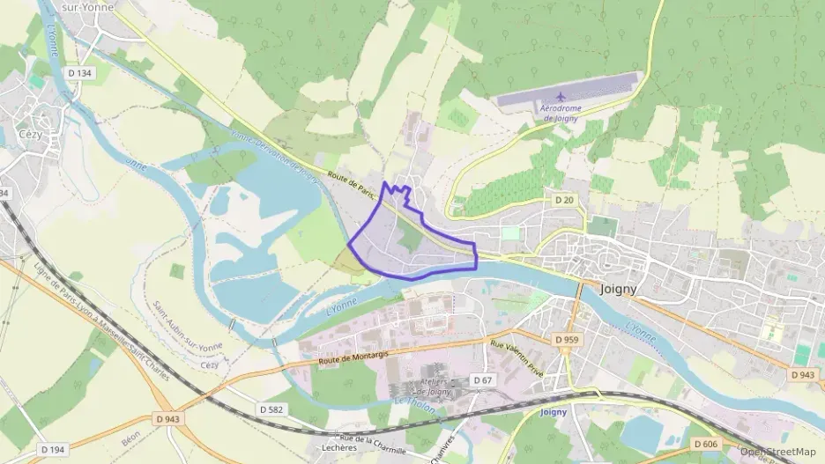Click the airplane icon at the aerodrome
(x=561, y=97)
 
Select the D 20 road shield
(x=564, y=201)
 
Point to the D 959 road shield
(x=567, y=339)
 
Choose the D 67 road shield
(x=481, y=379)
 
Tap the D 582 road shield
(x=272, y=410)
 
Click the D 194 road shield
(x=52, y=450)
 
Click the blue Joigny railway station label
(x=552, y=411)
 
